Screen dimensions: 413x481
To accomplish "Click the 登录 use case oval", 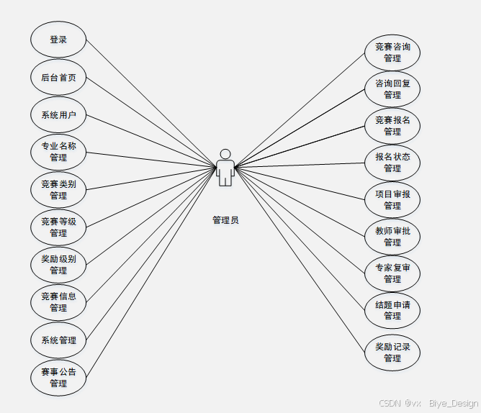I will [58, 40].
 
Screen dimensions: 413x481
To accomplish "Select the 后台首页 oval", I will [58, 78].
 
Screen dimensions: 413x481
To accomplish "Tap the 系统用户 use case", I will [58, 115].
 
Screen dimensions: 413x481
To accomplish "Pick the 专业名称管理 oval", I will [58, 152].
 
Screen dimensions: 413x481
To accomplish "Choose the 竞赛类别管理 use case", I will [58, 190].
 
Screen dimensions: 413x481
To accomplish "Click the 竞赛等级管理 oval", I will [58, 227].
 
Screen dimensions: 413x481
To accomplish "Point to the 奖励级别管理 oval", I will [58, 265].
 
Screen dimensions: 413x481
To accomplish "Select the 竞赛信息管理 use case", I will [58, 302].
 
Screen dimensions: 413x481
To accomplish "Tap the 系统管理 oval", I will [58, 340].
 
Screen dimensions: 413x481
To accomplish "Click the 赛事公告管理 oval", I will [58, 378].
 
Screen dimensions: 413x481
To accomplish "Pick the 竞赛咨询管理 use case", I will [392, 53].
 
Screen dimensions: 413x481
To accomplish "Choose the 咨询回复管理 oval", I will [392, 89].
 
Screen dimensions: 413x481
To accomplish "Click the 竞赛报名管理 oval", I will [392, 126].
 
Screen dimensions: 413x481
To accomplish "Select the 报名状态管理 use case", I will [392, 163].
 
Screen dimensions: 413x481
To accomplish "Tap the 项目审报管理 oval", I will [392, 199].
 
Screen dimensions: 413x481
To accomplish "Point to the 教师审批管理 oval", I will [392, 237].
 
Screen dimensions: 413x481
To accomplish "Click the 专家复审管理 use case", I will [392, 273].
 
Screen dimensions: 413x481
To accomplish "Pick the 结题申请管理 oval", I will [392, 310].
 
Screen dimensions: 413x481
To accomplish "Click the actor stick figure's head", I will [225, 154].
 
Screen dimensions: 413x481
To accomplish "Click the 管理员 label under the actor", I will [225, 220].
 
